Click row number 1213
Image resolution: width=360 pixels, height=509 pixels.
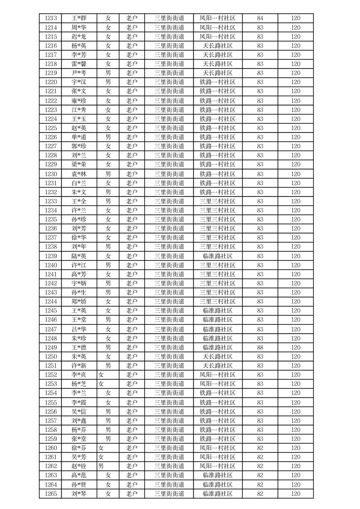(x=51, y=19)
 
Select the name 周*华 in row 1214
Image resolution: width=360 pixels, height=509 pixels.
(x=79, y=28)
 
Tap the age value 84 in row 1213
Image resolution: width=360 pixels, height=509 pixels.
(x=260, y=19)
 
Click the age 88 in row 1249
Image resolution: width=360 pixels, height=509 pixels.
(x=260, y=347)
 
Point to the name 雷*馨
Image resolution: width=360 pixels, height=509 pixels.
(x=79, y=64)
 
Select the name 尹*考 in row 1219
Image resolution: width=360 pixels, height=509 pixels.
(x=79, y=73)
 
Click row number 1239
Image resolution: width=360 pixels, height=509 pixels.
(x=51, y=256)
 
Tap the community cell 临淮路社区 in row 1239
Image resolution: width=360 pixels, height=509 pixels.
(x=217, y=256)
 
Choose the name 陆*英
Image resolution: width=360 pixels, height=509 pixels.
(x=79, y=256)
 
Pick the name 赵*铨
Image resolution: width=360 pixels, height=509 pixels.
(x=79, y=466)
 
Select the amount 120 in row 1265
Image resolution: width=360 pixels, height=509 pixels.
(x=296, y=494)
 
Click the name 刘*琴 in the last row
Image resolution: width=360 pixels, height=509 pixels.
(x=79, y=494)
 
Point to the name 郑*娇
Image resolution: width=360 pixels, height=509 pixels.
(x=79, y=302)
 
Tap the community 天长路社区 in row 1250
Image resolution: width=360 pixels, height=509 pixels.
(x=217, y=357)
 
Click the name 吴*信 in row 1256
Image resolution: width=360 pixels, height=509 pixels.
(x=79, y=411)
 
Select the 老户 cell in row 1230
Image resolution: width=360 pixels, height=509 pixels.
(x=132, y=174)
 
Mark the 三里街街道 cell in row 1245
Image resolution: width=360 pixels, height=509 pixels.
(x=169, y=311)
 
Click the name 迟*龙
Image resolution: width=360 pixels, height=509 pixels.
(x=79, y=37)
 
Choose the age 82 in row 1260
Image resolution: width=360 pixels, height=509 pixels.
(x=260, y=448)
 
